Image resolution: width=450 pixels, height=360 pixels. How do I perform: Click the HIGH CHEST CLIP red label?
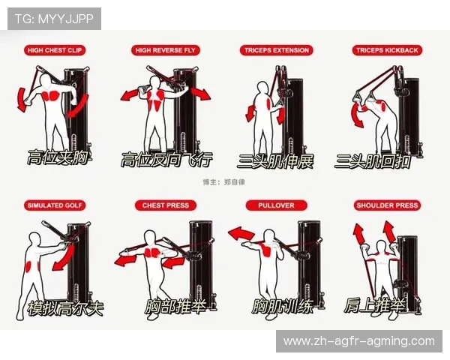[55, 50]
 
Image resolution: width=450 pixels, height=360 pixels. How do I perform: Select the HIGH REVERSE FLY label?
[165, 50]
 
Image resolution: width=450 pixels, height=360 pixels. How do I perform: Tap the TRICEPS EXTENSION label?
[276, 50]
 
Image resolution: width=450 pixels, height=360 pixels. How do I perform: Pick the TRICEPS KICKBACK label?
[387, 50]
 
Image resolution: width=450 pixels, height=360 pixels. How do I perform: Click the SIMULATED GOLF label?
[55, 205]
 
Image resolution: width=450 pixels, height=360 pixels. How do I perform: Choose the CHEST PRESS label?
[166, 205]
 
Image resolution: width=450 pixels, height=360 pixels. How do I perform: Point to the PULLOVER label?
[276, 205]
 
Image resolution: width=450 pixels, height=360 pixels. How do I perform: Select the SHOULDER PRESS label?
[387, 205]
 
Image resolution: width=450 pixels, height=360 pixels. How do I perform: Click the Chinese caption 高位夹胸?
[58, 157]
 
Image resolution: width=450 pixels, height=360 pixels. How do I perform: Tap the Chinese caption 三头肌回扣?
[373, 161]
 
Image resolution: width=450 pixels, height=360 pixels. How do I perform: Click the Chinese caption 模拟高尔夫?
[65, 308]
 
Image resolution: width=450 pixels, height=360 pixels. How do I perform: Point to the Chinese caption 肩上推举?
[374, 305]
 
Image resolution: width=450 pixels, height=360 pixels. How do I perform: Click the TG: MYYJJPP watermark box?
[54, 19]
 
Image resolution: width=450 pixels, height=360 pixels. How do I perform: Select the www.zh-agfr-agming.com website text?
[359, 341]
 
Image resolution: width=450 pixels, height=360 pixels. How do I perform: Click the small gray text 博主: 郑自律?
[223, 182]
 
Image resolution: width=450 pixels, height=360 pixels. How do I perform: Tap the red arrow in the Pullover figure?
[241, 233]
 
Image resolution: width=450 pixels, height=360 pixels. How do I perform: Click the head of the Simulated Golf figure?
[34, 239]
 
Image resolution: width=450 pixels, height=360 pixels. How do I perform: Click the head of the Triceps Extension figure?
[262, 88]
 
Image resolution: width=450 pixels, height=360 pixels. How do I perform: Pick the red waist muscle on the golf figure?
[29, 267]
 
